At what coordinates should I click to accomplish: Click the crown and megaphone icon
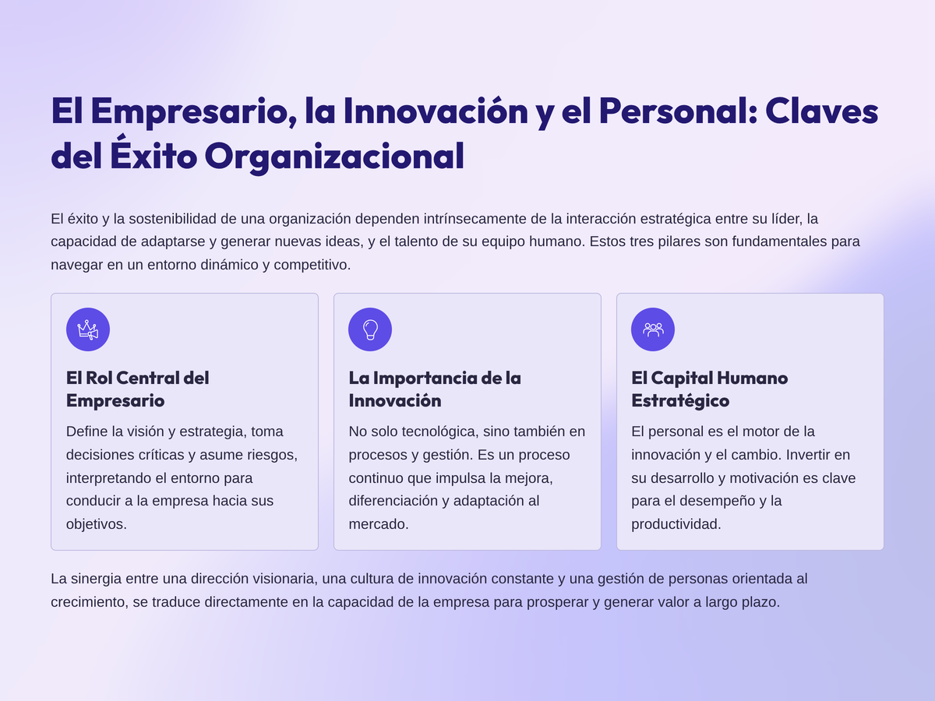coord(88,329)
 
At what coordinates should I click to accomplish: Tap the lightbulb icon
coord(370,329)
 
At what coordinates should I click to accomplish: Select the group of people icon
coord(653,329)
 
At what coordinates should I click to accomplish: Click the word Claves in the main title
coord(821,111)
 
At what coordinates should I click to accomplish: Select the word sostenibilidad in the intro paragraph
coord(175,219)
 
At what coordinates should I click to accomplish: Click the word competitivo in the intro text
coord(312,265)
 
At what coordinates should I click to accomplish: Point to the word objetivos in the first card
coord(97,524)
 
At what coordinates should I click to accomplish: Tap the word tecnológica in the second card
coord(440,432)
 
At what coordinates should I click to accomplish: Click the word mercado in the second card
coord(378,524)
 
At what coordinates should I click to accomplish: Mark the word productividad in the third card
coord(676,524)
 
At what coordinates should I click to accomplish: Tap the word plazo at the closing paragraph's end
coord(761,603)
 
